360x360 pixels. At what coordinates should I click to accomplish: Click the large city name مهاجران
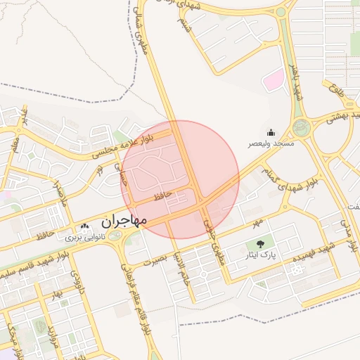[124, 221]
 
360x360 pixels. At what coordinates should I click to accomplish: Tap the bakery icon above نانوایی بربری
[85, 226]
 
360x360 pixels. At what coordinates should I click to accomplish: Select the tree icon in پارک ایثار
[261, 245]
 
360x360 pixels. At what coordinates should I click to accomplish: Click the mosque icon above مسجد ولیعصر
[271, 132]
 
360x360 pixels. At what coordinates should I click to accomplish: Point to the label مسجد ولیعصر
[270, 143]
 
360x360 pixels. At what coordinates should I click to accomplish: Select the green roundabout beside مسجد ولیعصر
[302, 128]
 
